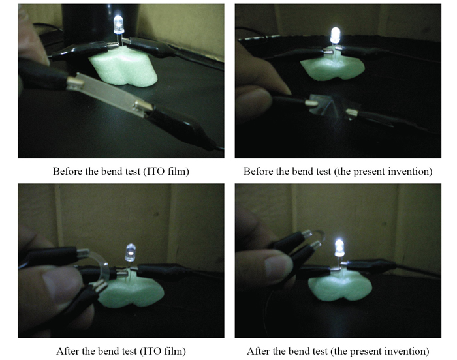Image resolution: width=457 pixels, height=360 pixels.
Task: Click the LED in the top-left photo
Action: click(118, 24)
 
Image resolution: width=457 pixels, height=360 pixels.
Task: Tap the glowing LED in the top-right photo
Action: click(335, 35)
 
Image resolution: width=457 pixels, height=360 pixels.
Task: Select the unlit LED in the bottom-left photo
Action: click(131, 252)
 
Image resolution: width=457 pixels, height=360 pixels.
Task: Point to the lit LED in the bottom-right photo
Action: click(339, 248)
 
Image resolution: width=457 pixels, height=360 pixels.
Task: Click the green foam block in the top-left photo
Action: click(123, 68)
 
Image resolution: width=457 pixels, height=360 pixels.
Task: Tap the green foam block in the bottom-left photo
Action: click(131, 293)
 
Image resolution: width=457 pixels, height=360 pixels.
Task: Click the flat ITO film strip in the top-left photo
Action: click(110, 93)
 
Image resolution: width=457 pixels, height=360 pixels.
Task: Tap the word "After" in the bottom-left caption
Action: click(67, 352)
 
